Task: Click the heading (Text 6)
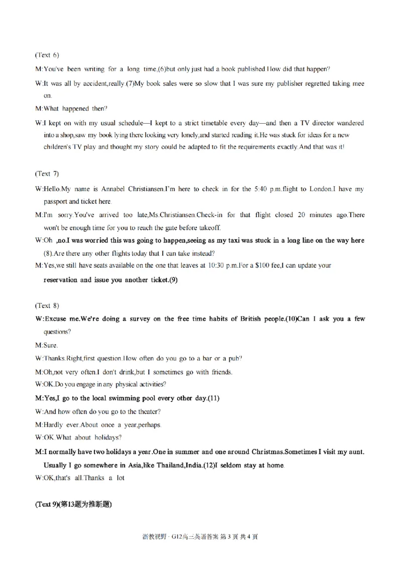47,54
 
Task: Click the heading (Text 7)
47,174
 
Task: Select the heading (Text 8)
47,305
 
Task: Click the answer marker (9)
172,280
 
